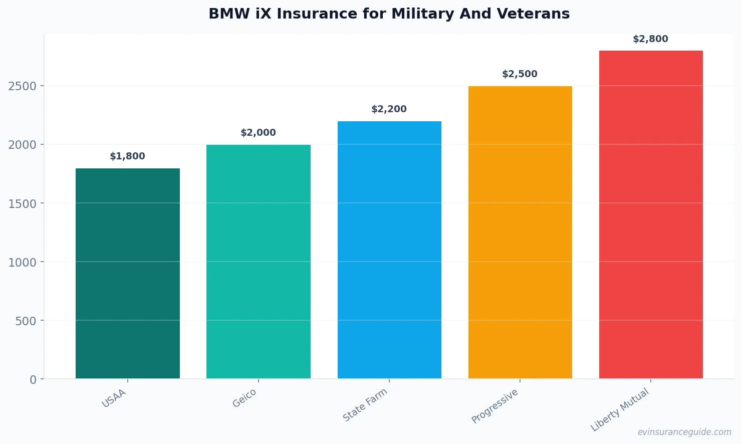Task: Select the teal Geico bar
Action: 259,262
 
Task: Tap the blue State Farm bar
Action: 389,250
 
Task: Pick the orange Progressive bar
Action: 520,232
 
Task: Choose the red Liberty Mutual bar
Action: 651,214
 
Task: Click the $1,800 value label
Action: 128,156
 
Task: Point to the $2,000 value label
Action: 259,133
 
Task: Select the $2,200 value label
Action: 389,109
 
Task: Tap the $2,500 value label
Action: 520,74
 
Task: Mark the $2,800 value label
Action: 651,39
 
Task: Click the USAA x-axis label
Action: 114,398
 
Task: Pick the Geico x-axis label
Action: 244,398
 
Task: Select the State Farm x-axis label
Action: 365,405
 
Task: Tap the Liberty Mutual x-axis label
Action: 620,410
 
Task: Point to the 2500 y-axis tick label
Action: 23,86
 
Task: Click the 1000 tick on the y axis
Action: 23,262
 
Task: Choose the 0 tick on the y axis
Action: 33,380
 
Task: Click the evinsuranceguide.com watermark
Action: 684,432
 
